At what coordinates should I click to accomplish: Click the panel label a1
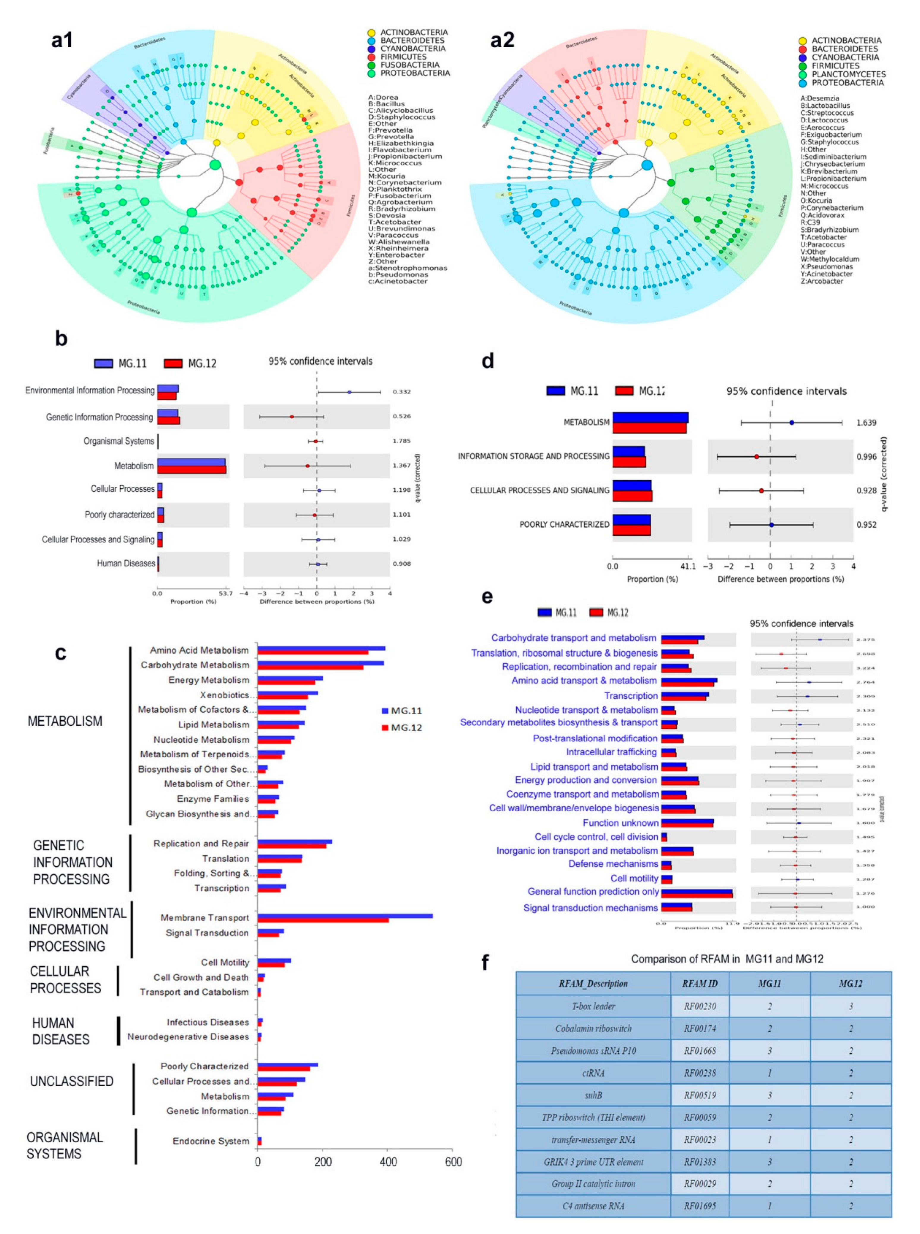62,40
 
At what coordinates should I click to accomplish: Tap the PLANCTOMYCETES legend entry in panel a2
847,74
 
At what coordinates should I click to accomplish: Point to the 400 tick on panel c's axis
388,1161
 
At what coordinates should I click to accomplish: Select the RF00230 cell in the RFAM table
699,1006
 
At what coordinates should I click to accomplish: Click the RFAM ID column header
699,983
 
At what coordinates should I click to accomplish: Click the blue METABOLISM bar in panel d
650,417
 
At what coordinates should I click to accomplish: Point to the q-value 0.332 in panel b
402,392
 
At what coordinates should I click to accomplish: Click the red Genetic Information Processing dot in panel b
291,417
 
